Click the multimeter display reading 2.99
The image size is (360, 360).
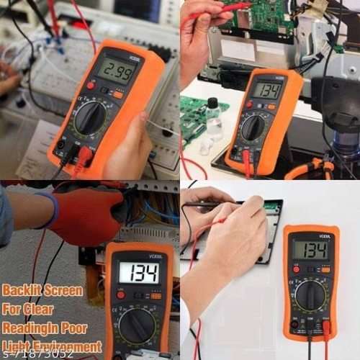pyautogui.click(x=116, y=71)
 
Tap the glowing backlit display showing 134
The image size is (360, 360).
pyautogui.click(x=139, y=272)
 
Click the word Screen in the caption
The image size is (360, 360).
pyautogui.click(x=64, y=291)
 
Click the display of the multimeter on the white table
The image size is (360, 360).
pyautogui.click(x=310, y=250)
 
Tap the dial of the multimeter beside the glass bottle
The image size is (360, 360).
pyautogui.click(x=253, y=127)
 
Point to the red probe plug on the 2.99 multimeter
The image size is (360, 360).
pyautogui.click(x=84, y=156)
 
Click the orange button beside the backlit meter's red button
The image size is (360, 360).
pyautogui.click(x=156, y=295)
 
